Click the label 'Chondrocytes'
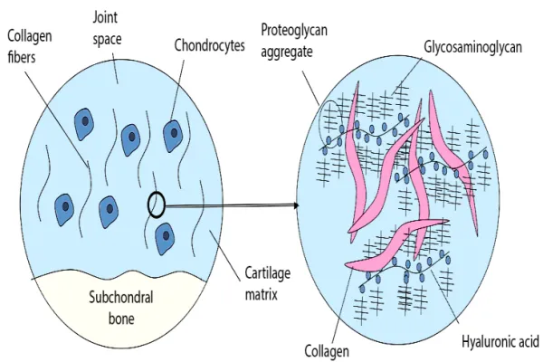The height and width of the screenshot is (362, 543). point(209,45)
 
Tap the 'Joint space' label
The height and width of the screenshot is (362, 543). point(107,28)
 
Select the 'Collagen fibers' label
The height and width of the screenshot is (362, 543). point(30,46)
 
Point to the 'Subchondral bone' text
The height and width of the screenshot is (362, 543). point(121,308)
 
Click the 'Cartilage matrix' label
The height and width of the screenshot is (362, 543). point(267,283)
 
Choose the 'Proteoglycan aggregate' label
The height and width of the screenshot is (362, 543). point(293,41)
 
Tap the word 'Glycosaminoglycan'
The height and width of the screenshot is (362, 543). point(472,47)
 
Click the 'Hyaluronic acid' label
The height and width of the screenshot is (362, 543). point(500,341)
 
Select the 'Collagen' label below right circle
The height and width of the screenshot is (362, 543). point(327,351)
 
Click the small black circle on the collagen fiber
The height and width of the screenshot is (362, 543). point(157,205)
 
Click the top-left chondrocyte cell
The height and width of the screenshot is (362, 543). point(83,124)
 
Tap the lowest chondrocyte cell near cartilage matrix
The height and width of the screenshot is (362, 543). point(165,239)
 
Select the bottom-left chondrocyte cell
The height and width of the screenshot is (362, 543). point(64,210)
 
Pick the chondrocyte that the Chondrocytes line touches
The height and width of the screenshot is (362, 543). point(173,136)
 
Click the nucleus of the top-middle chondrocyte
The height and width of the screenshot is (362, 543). point(132,137)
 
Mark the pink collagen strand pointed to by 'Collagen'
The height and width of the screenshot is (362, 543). point(396,243)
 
